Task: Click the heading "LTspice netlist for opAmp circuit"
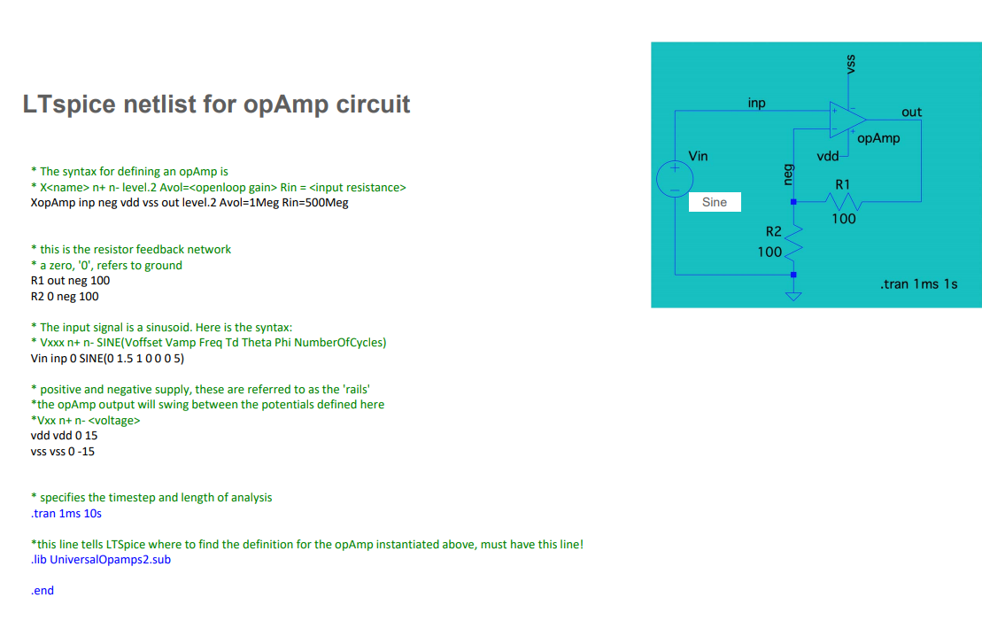pos(216,105)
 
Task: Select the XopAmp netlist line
pos(189,203)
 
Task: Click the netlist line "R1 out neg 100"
pos(70,281)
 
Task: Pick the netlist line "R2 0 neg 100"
pos(65,297)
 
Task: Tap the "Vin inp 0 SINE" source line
pos(107,359)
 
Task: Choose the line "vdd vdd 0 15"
pos(64,436)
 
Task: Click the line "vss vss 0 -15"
pos(62,452)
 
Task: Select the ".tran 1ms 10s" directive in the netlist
pos(66,514)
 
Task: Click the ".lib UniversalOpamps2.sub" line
pos(100,560)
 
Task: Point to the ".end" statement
pos(42,591)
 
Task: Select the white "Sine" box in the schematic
pos(714,202)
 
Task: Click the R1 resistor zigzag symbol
pos(843,202)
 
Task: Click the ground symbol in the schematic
pos(793,296)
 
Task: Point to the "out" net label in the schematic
pos(911,113)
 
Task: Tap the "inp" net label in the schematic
pos(756,104)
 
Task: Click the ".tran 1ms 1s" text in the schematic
pos(918,284)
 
